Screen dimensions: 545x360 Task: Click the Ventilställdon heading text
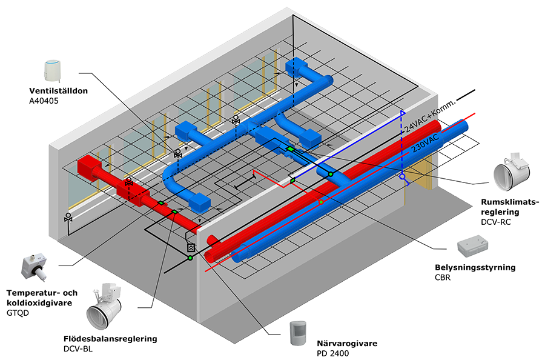(x=58, y=91)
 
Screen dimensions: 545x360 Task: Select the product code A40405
(x=44, y=101)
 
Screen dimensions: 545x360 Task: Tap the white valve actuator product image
(x=53, y=72)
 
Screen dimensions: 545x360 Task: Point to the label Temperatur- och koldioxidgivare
(x=42, y=298)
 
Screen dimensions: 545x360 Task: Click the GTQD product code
(x=18, y=313)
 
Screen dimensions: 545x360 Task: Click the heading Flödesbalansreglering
(x=110, y=339)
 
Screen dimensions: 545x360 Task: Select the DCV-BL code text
(x=78, y=349)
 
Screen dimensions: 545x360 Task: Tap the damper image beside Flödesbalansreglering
(x=104, y=306)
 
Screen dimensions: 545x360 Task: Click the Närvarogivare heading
(x=347, y=344)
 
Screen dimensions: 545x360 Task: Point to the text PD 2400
(x=332, y=354)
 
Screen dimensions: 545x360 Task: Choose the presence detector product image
(x=298, y=333)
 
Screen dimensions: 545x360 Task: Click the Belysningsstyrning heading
(x=475, y=268)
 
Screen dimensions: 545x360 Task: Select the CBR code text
(x=443, y=278)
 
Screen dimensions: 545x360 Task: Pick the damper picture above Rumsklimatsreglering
(x=512, y=172)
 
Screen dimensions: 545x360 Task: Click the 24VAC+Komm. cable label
(x=429, y=116)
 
